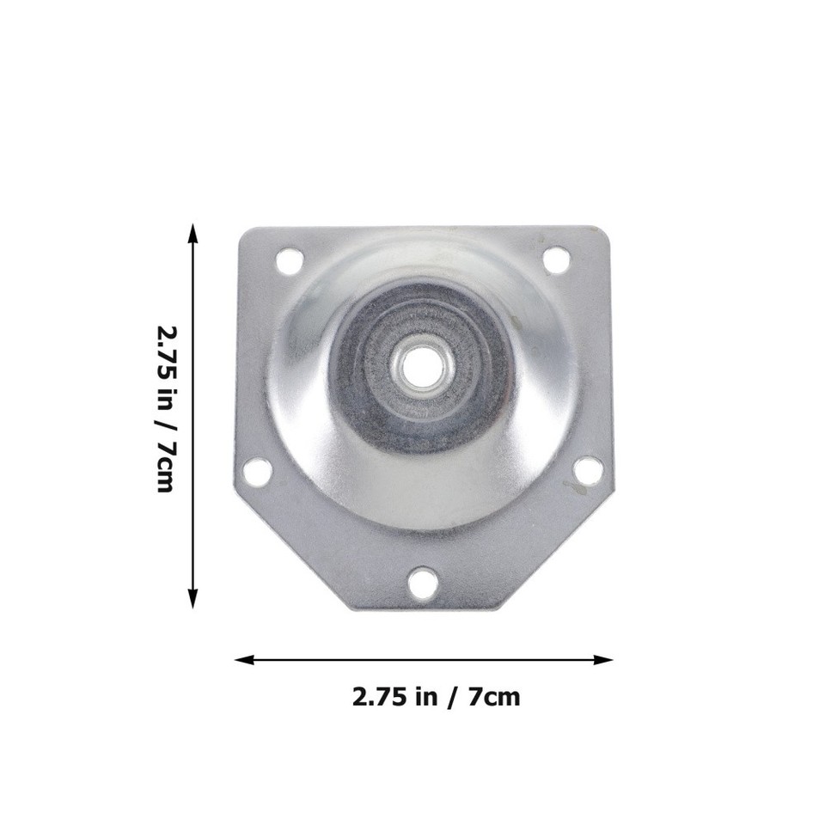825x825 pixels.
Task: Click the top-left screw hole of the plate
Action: pyautogui.click(x=290, y=258)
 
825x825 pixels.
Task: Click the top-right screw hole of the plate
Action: pyautogui.click(x=557, y=258)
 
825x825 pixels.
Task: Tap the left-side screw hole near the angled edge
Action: pyautogui.click(x=257, y=471)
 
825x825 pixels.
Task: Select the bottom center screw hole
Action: pyautogui.click(x=422, y=584)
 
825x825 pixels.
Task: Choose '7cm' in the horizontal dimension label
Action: pyautogui.click(x=494, y=696)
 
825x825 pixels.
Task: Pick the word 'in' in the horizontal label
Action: pyautogui.click(x=427, y=696)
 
